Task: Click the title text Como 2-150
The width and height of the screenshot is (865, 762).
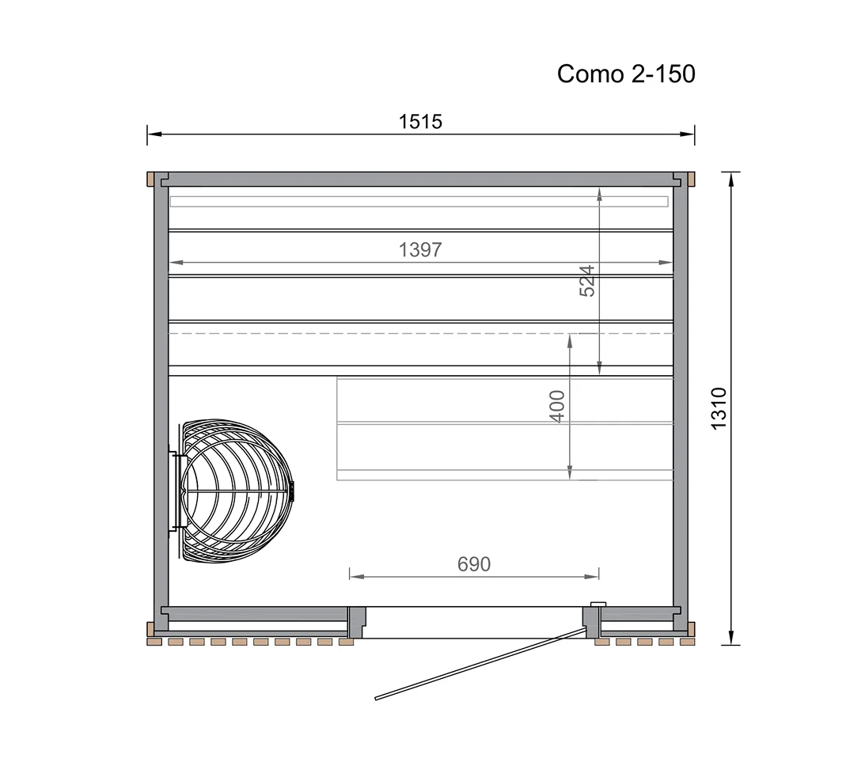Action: [626, 74]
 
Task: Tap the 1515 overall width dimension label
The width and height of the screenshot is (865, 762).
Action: [420, 122]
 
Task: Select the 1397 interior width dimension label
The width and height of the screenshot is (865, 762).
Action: [420, 250]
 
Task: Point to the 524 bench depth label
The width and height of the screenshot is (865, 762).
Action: [587, 281]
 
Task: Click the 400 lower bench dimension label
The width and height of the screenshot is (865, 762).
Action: [558, 407]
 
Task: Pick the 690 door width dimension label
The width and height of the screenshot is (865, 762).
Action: [474, 564]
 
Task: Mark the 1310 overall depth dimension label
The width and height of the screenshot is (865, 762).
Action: [719, 408]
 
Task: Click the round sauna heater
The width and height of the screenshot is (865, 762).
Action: [236, 491]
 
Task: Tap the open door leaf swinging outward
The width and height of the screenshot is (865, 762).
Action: [480, 663]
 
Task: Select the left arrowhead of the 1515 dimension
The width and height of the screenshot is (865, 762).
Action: [154, 134]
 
